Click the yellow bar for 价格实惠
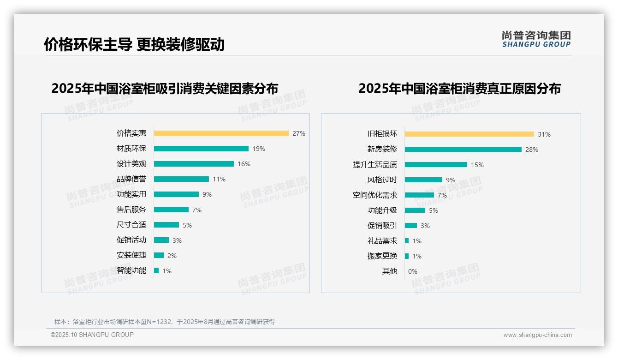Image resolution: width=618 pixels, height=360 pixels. (221, 133)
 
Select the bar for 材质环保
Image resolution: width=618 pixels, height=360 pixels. (201, 149)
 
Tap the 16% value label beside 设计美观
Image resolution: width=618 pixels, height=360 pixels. (244, 164)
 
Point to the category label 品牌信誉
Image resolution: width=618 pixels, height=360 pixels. (131, 179)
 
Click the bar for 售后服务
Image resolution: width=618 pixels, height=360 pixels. (171, 210)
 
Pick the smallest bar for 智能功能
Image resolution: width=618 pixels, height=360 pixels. (156, 270)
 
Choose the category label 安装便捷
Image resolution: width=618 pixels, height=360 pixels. (131, 255)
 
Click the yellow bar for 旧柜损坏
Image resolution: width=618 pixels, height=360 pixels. (469, 134)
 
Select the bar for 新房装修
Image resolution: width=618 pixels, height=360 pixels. (463, 150)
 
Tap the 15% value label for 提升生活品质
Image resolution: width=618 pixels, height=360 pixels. (477, 165)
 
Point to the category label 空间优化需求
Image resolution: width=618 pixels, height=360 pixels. (375, 195)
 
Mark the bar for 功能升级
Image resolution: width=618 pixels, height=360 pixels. (415, 210)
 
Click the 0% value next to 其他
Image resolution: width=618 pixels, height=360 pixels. (413, 271)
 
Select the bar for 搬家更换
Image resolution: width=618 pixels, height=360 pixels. (407, 256)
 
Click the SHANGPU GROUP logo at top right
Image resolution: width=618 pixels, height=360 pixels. (536, 39)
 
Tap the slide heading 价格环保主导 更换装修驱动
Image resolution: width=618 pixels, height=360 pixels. (134, 44)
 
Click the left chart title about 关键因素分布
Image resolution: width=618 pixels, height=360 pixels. (165, 89)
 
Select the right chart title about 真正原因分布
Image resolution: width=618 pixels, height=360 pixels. (459, 89)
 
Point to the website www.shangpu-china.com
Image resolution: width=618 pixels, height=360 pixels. (537, 335)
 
